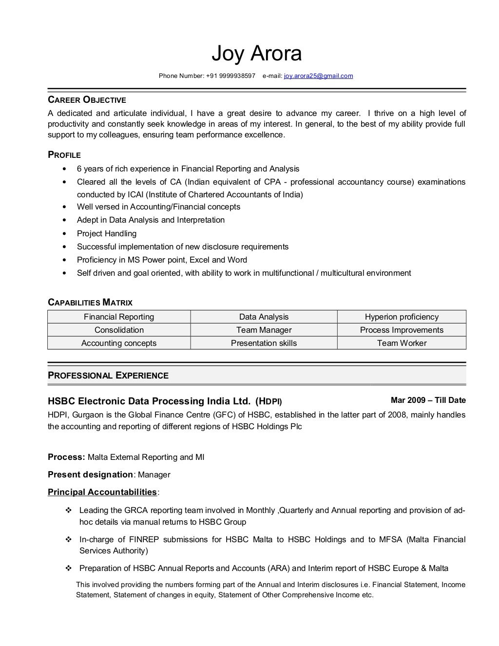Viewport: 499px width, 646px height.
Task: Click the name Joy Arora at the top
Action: (x=256, y=54)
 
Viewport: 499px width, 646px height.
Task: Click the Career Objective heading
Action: (x=87, y=100)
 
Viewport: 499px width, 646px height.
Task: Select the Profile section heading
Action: (x=64, y=155)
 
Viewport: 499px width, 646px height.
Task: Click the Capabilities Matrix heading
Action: (x=90, y=303)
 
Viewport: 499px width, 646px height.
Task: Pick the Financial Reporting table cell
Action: (x=119, y=317)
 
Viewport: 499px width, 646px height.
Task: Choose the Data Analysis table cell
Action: (x=264, y=317)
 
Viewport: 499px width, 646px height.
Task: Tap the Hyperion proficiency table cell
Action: (x=402, y=317)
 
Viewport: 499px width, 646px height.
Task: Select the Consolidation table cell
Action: (x=119, y=330)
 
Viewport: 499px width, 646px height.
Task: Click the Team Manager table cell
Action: (x=264, y=330)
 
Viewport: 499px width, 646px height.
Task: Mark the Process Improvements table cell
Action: (x=402, y=330)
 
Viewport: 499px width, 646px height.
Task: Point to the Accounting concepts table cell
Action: (x=119, y=343)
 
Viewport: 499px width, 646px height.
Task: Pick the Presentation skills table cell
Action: (x=264, y=343)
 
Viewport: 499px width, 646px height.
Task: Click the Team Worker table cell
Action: (x=402, y=343)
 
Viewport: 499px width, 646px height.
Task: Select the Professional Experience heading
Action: (x=108, y=376)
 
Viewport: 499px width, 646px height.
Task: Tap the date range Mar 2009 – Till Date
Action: (x=428, y=400)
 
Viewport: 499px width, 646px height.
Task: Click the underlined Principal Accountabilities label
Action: (x=102, y=492)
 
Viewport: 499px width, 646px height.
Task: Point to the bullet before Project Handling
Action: (x=65, y=234)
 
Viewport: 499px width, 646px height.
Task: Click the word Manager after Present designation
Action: (x=154, y=475)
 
